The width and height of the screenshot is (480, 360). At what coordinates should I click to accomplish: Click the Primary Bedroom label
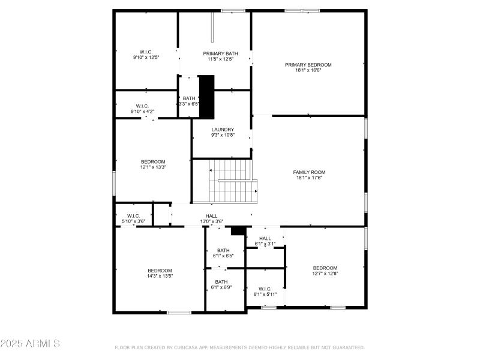pyautogui.click(x=308, y=65)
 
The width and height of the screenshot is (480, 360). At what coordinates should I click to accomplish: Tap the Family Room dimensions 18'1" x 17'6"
pyautogui.click(x=310, y=178)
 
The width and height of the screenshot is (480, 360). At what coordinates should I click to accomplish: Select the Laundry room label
pyautogui.click(x=222, y=130)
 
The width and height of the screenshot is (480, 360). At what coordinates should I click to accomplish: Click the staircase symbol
pyautogui.click(x=231, y=181)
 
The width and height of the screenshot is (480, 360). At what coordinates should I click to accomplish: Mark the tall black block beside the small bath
pyautogui.click(x=206, y=96)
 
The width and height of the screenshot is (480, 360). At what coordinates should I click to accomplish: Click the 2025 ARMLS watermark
pyautogui.click(x=30, y=344)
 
